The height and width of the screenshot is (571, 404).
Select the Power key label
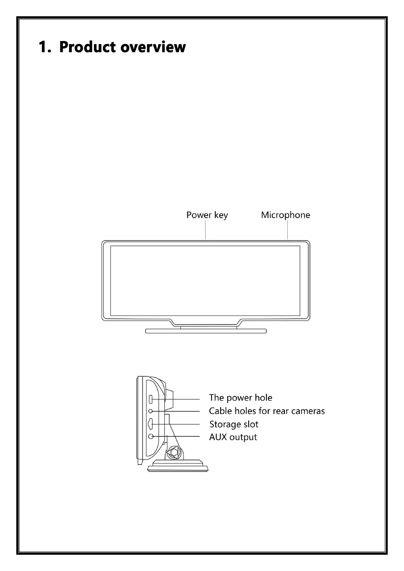tap(207, 215)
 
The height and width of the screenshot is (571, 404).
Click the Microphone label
tap(285, 215)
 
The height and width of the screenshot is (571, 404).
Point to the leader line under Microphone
tap(288, 231)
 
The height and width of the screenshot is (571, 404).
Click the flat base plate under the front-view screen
tap(206, 331)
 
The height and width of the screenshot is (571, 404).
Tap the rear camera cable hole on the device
tap(152, 411)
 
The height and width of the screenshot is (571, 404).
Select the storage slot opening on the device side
tap(151, 424)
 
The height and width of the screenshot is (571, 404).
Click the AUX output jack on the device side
tap(152, 436)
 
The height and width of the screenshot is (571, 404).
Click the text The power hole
tap(241, 398)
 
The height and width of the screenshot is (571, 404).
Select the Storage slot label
tap(234, 424)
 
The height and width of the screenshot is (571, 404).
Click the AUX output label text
tap(233, 437)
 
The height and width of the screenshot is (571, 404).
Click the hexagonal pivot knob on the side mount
tap(174, 452)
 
